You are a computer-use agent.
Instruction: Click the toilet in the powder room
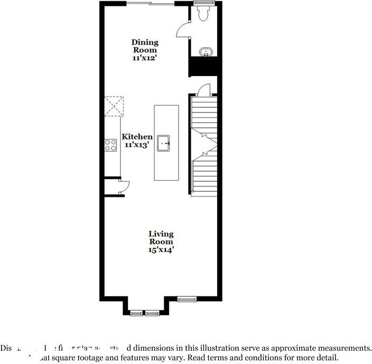click(x=202, y=14)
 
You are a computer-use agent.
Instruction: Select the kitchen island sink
click(x=166, y=143)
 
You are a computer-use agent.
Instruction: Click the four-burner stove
click(x=110, y=145)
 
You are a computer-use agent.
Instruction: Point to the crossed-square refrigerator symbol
click(x=114, y=105)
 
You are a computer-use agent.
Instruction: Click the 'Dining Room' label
click(x=145, y=46)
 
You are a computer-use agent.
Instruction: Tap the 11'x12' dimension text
click(x=145, y=58)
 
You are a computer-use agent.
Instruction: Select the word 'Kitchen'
click(x=137, y=137)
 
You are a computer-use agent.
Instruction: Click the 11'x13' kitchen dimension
click(x=137, y=144)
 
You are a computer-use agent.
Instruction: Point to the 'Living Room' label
click(x=161, y=238)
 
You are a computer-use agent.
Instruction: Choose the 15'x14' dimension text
click(x=161, y=250)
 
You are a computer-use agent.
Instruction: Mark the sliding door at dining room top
click(x=150, y=4)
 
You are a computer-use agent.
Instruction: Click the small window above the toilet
click(x=202, y=3)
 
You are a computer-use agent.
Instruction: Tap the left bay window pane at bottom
click(x=136, y=313)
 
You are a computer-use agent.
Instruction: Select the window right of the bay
click(x=187, y=300)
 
